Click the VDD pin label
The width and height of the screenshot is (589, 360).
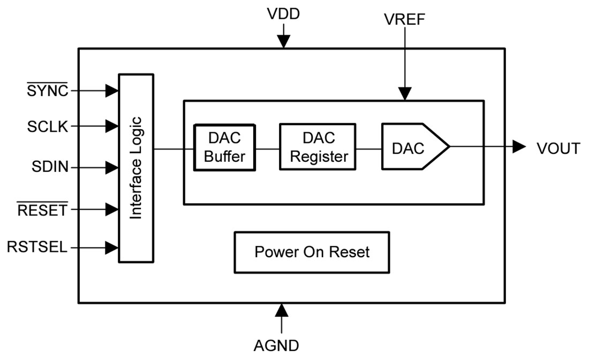[x=283, y=14]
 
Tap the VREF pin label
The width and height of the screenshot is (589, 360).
[x=405, y=19]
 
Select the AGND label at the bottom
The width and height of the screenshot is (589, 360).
[x=276, y=346]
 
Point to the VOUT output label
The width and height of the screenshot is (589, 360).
[x=558, y=148]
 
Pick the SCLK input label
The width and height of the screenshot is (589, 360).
[x=48, y=127]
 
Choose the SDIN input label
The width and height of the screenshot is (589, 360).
[x=50, y=168]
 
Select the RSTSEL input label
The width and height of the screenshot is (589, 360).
[x=37, y=247]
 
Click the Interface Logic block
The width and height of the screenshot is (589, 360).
[x=136, y=168]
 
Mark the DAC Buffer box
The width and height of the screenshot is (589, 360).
[x=224, y=147]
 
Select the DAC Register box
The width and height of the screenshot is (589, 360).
[x=317, y=147]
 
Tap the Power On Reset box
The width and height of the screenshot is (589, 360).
[x=312, y=252]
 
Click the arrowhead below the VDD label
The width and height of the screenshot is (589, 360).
[x=283, y=41]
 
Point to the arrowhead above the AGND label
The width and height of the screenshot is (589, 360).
[x=281, y=310]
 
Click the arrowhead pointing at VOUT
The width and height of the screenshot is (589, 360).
[x=518, y=146]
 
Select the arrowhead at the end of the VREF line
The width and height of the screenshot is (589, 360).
[x=405, y=94]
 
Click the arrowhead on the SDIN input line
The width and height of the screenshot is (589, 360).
[x=111, y=168]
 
